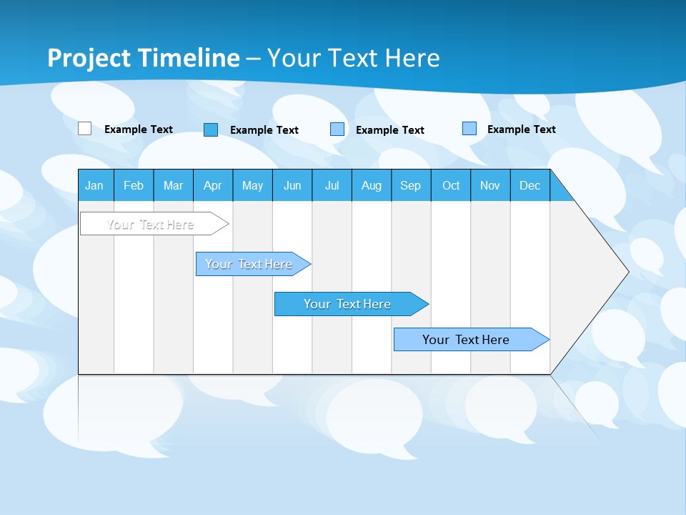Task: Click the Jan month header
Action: (94, 185)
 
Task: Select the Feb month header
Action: (134, 185)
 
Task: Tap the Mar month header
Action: (173, 185)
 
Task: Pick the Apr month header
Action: (213, 185)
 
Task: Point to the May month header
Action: (252, 185)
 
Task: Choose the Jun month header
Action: (292, 185)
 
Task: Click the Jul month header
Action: (332, 185)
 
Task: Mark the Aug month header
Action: (372, 185)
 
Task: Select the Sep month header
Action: (411, 185)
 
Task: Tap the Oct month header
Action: (451, 185)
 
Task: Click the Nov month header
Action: (490, 185)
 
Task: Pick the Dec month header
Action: (530, 185)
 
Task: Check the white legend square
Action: (84, 129)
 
